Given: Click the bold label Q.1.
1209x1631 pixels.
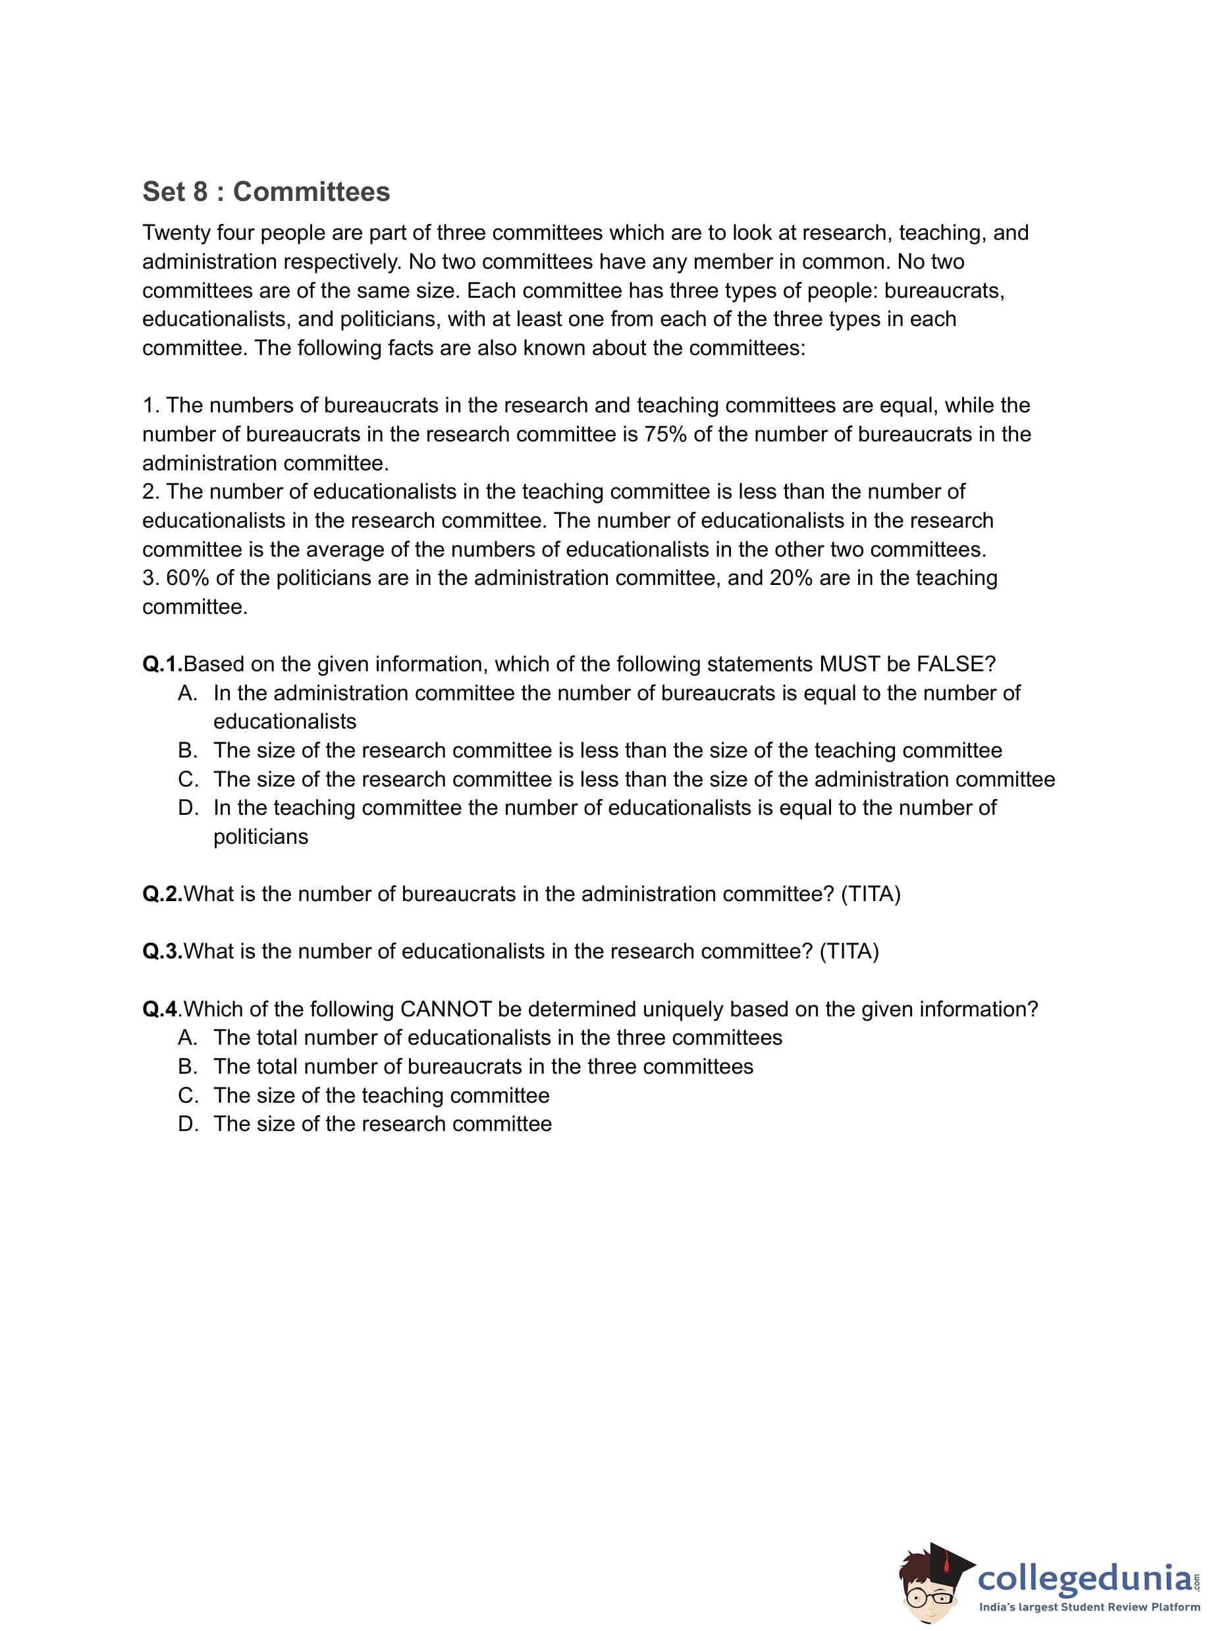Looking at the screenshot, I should (162, 664).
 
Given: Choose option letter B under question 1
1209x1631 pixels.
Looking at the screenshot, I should (188, 750).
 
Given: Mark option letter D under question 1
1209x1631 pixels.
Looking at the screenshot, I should (188, 808).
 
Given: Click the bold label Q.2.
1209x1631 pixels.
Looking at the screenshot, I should (162, 894).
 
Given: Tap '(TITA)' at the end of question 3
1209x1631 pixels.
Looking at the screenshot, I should (849, 952).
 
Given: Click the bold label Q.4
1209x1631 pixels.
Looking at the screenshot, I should (160, 1009).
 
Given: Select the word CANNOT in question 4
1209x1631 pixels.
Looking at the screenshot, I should (446, 1009).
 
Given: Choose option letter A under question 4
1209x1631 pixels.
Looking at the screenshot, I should (188, 1037).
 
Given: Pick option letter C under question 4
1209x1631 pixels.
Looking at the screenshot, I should (188, 1095).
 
